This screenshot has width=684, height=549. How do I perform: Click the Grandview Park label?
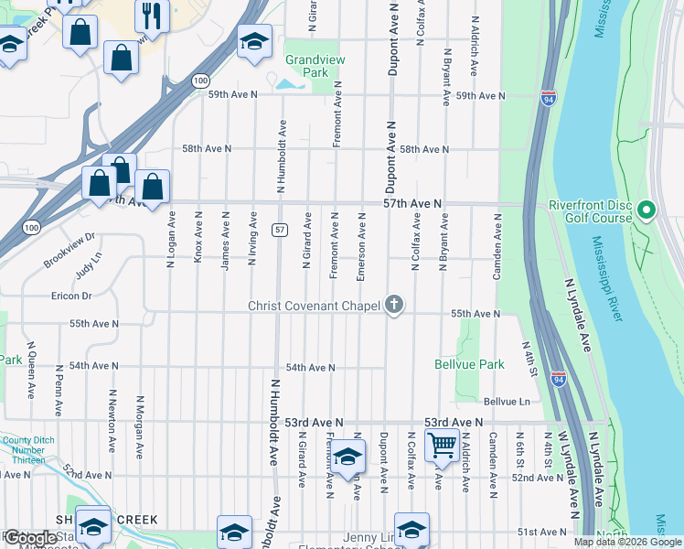point(306,65)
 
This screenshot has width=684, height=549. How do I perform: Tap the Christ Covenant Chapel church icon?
point(394,305)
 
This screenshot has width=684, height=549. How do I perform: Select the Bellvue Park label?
point(470,364)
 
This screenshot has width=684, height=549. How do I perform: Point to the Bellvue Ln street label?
point(507,402)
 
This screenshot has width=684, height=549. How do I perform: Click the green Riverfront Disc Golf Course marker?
point(647,211)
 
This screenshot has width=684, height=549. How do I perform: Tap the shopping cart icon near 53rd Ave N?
point(443,446)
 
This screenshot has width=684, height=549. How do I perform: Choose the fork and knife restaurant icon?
point(149,14)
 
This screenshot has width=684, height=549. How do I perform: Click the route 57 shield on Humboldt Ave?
point(280,229)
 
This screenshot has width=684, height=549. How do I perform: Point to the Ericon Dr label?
point(72,296)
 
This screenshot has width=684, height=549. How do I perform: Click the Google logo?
point(30,538)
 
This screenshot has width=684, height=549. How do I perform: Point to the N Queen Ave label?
point(30,370)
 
